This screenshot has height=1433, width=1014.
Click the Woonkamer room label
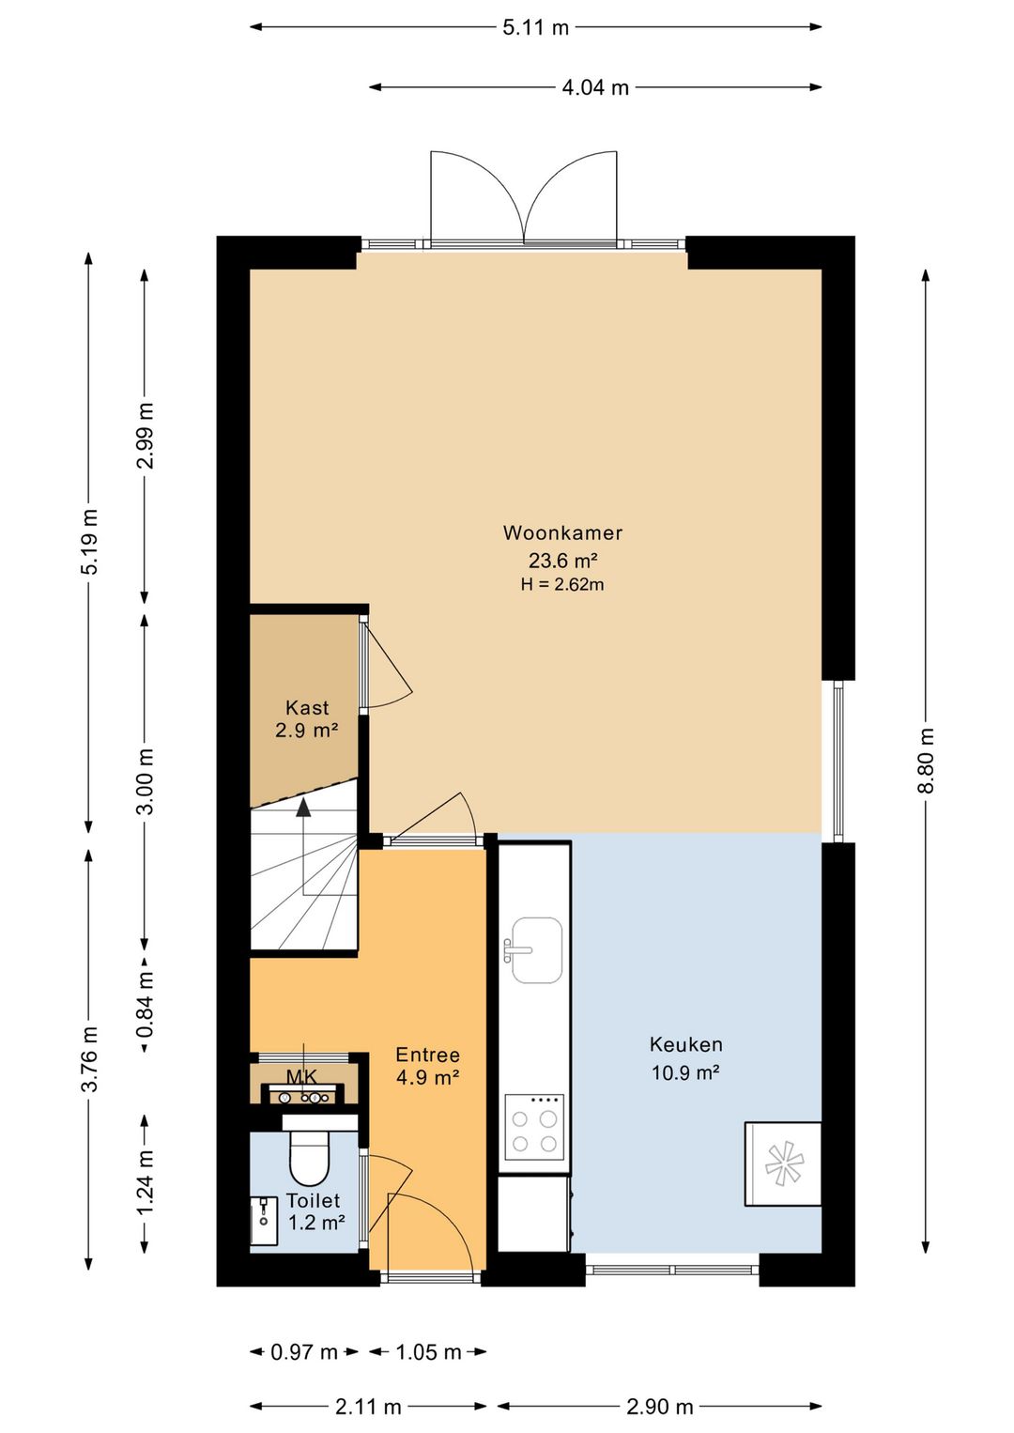pyautogui.click(x=562, y=532)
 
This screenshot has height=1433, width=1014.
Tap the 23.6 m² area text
pyautogui.click(x=562, y=561)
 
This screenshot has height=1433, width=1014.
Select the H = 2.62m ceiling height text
pyautogui.click(x=562, y=584)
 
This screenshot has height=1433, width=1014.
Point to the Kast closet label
pyautogui.click(x=307, y=707)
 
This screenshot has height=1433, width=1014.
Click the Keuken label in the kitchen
pyautogui.click(x=685, y=1044)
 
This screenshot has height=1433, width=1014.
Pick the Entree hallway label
pyautogui.click(x=427, y=1055)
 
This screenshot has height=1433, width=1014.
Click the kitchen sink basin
pyautogui.click(x=537, y=950)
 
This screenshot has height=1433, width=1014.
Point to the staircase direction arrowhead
pyautogui.click(x=302, y=808)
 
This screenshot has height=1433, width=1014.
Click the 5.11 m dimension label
pyautogui.click(x=535, y=27)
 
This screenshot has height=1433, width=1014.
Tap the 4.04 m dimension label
pyautogui.click(x=595, y=87)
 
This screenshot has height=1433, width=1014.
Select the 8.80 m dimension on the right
pyautogui.click(x=925, y=760)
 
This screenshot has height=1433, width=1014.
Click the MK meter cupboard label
pyautogui.click(x=301, y=1077)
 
